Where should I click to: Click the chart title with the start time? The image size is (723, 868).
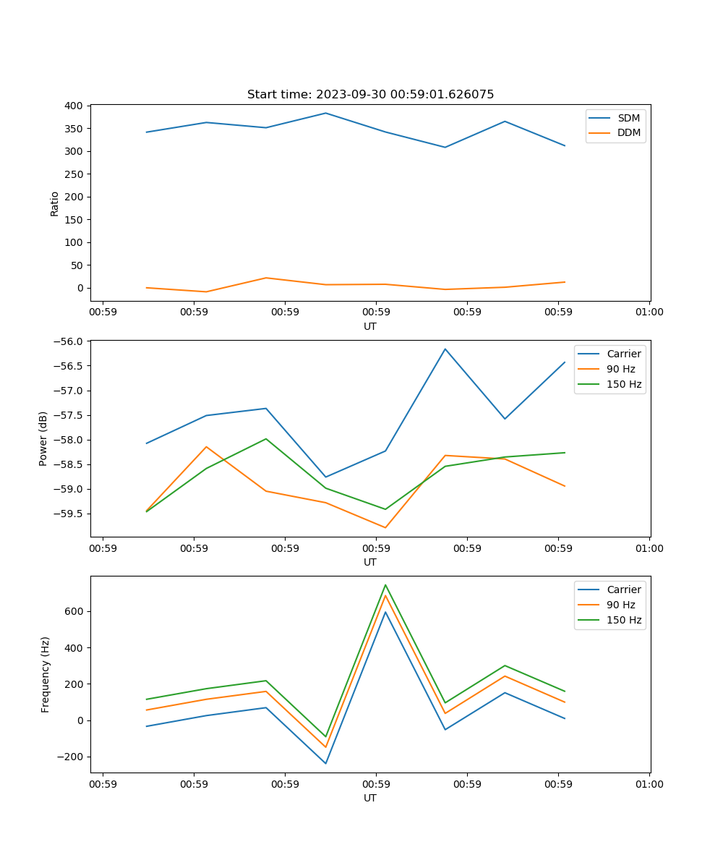pyautogui.click(x=370, y=95)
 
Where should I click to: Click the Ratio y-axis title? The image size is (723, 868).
pyautogui.click(x=55, y=203)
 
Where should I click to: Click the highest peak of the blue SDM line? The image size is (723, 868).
pyautogui.click(x=325, y=113)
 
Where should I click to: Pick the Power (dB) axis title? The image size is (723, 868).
pyautogui.click(x=43, y=438)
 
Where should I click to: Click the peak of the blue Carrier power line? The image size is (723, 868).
pyautogui.click(x=445, y=349)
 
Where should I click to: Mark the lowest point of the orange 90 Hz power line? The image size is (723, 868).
pyautogui.click(x=385, y=527)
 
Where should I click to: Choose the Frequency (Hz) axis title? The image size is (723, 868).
pyautogui.click(x=46, y=674)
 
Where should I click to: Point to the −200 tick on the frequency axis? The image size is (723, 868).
pyautogui.click(x=71, y=757)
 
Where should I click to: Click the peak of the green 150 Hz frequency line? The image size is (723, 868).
pyautogui.click(x=385, y=584)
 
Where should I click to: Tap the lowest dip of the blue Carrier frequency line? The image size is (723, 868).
pyautogui.click(x=325, y=763)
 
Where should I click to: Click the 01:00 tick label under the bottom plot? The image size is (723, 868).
pyautogui.click(x=649, y=784)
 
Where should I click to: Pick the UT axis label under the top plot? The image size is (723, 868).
pyautogui.click(x=370, y=326)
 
